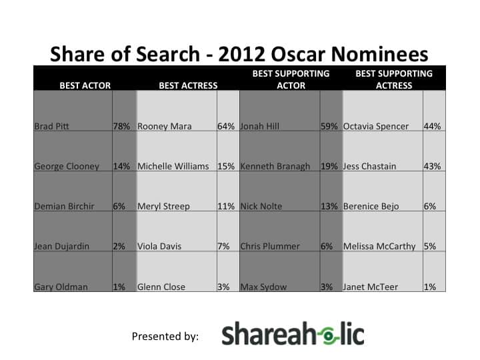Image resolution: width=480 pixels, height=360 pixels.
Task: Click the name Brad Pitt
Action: click(51, 126)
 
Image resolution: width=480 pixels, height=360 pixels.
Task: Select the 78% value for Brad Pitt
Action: click(121, 126)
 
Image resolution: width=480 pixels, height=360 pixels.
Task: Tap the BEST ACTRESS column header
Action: click(188, 85)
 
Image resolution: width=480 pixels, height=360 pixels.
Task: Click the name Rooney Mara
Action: click(165, 126)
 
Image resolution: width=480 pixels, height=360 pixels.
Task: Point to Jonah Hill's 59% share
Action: click(329, 126)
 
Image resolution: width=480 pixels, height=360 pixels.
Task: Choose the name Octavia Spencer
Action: click(375, 126)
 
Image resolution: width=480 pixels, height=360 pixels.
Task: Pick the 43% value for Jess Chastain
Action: click(432, 166)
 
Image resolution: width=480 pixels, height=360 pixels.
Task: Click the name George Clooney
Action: click(67, 166)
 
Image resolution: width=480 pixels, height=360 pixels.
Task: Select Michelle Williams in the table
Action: click(173, 166)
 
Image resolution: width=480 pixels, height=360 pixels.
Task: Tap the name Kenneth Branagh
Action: click(275, 166)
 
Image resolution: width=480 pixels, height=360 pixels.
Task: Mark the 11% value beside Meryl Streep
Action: click(226, 206)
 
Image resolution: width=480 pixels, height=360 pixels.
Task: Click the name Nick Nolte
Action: click(261, 206)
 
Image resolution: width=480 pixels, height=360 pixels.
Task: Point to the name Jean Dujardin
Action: click(61, 246)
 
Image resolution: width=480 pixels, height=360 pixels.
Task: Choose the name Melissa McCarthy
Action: click(379, 246)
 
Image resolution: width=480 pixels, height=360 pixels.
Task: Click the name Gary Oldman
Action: click(61, 287)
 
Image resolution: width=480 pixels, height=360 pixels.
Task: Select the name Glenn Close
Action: click(161, 287)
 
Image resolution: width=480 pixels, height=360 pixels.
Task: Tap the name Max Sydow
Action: click(263, 287)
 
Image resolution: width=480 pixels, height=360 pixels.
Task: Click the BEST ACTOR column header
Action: click(85, 85)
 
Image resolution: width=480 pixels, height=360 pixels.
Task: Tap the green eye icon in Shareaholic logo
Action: click(329, 336)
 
